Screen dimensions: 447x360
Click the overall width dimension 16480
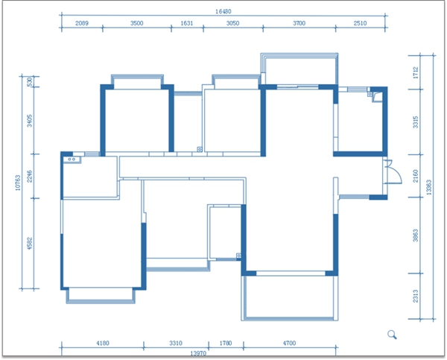pyautogui.click(x=223, y=11)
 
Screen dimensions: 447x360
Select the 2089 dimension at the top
pyautogui.click(x=82, y=23)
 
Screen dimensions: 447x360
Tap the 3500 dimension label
pyautogui.click(x=137, y=23)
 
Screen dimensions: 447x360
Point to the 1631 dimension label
pyautogui.click(x=187, y=23)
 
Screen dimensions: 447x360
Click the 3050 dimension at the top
pyautogui.click(x=232, y=23)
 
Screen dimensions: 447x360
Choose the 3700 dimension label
pyautogui.click(x=299, y=23)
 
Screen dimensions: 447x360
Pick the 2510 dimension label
pyautogui.click(x=360, y=23)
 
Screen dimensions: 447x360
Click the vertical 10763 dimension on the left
pyautogui.click(x=18, y=183)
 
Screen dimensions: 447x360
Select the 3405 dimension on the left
pyautogui.click(x=30, y=121)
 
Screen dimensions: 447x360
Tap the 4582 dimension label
pyautogui.click(x=30, y=243)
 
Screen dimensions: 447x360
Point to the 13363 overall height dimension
pyautogui.click(x=429, y=187)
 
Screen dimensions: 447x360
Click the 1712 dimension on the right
pyautogui.click(x=416, y=73)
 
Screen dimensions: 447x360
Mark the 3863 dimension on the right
pyautogui.click(x=416, y=236)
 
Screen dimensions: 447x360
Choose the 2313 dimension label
pyautogui.click(x=416, y=296)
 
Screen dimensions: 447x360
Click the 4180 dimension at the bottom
pyautogui.click(x=103, y=343)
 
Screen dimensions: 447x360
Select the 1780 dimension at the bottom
pyautogui.click(x=226, y=343)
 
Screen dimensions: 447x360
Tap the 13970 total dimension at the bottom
pyautogui.click(x=198, y=353)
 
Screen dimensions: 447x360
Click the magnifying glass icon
pyautogui.click(x=393, y=335)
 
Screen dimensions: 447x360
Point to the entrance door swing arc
pyautogui.click(x=398, y=171)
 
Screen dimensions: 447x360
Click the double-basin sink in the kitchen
pyautogui.click(x=72, y=160)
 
